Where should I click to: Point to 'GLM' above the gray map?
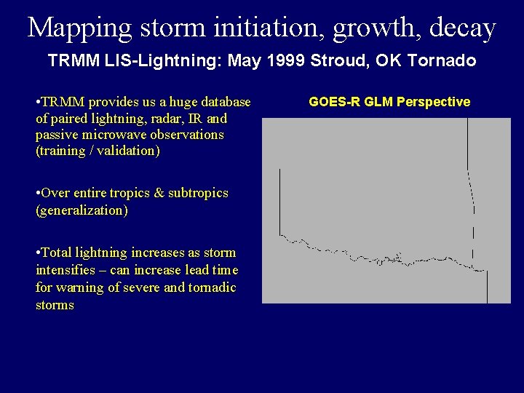[x=371, y=102]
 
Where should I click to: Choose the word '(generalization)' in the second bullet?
[x=82, y=210]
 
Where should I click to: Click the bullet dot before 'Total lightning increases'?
[x=38, y=253]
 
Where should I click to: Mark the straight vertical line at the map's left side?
[x=280, y=200]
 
